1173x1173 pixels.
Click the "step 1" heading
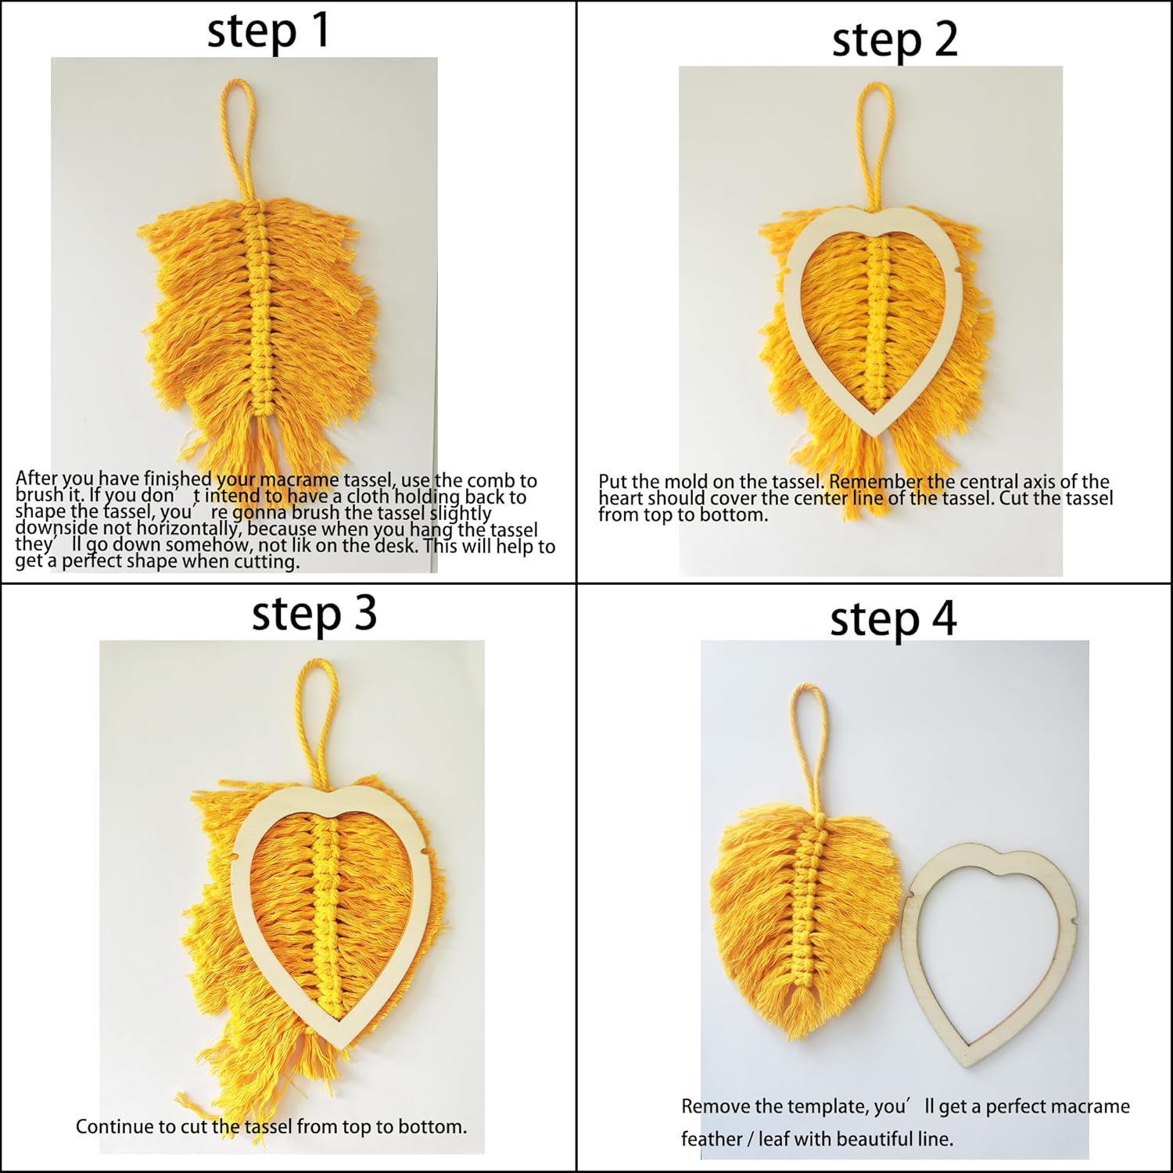click(268, 32)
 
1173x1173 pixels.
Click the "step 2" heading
click(894, 40)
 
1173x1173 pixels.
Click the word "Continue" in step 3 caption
click(109, 1127)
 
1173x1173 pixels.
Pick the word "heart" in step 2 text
click(621, 498)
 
